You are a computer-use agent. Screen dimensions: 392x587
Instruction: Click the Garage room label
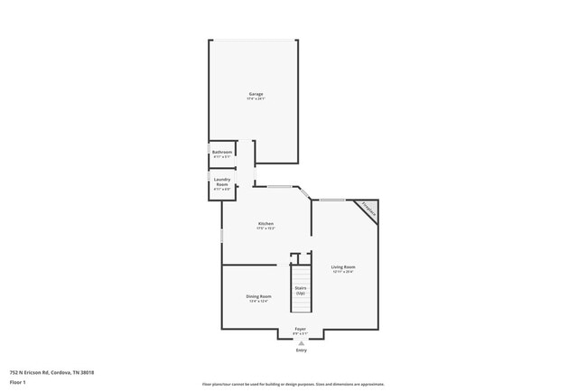256,94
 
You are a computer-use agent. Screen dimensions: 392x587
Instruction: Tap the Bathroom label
222,152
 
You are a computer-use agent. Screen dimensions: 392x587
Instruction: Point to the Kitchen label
266,223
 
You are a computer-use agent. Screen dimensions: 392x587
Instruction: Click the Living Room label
342,266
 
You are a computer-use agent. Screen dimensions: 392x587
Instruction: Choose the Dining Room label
259,296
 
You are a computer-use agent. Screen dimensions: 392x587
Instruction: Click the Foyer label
301,329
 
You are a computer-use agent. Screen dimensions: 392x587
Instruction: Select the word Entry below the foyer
301,350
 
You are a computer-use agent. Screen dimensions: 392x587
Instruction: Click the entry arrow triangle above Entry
301,343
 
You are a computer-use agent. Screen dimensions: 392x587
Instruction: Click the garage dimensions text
256,99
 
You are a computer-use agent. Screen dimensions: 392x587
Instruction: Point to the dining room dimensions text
259,302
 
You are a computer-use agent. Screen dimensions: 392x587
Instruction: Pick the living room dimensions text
342,272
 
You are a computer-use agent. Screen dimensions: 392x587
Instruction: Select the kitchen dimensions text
266,229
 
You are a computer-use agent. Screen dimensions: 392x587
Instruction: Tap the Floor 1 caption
18,382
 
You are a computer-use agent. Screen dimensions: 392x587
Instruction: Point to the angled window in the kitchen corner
305,193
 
